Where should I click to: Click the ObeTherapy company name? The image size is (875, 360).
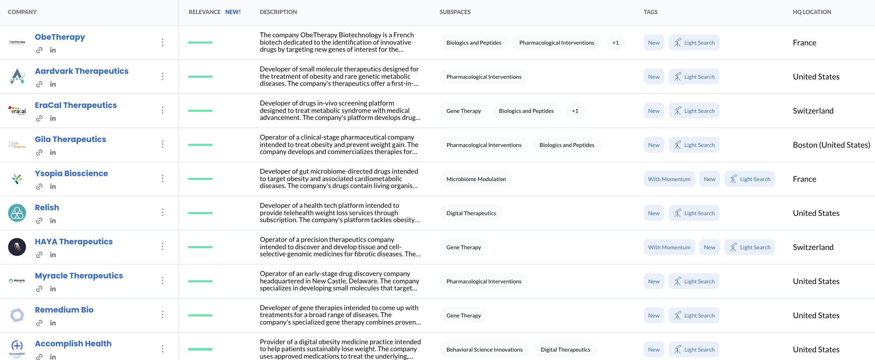pos(60,37)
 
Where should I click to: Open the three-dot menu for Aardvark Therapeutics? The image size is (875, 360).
pos(162,76)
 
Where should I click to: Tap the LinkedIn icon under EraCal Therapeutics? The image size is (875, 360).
pos(53,118)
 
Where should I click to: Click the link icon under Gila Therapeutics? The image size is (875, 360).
pos(39,153)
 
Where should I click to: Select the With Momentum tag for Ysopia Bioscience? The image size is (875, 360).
pos(669,179)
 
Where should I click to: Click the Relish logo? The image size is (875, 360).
pos(17,213)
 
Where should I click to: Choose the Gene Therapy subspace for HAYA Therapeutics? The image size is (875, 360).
pos(463,247)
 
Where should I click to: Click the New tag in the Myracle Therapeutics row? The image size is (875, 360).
pos(654,281)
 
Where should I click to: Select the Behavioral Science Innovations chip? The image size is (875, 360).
pos(484,349)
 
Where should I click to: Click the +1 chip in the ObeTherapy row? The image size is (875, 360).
pos(615,43)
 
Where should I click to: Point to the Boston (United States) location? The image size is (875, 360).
pos(831,145)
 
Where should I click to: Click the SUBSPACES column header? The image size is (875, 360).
pos(455,12)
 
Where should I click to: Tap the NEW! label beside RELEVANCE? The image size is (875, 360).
pos(233,12)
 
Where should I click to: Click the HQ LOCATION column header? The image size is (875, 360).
pos(812,12)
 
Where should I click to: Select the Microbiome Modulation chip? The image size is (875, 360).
pos(476,179)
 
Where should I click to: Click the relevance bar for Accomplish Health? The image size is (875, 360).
pos(200,349)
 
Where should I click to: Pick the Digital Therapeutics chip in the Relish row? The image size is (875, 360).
pos(471,213)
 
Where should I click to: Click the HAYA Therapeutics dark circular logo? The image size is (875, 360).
pos(17,247)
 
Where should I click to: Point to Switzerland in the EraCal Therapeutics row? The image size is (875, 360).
pos(813,111)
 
